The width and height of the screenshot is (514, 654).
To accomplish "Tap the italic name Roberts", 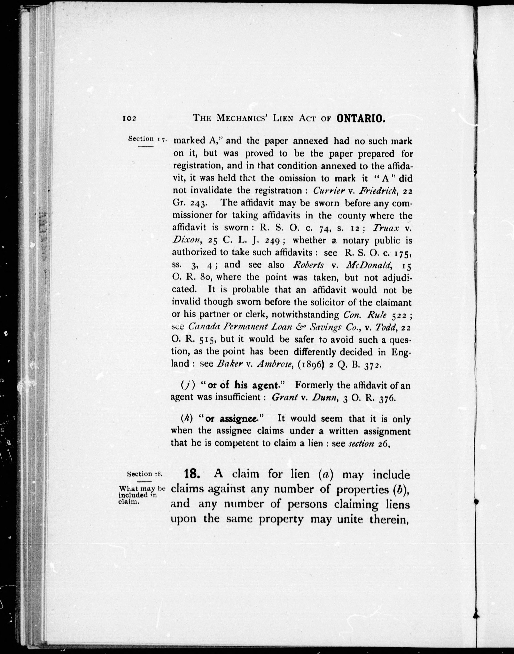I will pyautogui.click(x=308, y=265).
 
